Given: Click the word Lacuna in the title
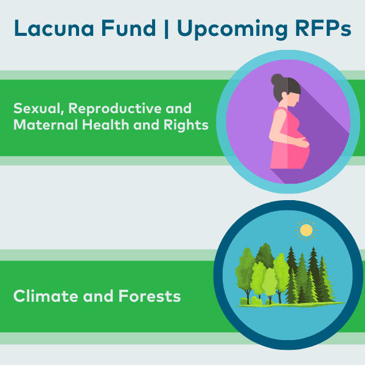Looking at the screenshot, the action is (x=54, y=28).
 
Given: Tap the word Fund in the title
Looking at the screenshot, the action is (x=129, y=28).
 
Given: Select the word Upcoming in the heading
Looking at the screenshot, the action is (x=232, y=29).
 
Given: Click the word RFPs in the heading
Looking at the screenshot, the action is (x=323, y=28).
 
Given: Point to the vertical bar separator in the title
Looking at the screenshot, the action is (x=166, y=29).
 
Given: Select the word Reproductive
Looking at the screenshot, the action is (x=115, y=109).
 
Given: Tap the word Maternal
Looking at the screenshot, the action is (x=46, y=125).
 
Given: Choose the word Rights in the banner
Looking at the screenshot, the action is (x=186, y=125).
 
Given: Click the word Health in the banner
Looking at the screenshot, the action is (x=105, y=125).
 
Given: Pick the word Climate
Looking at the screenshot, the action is (x=46, y=296).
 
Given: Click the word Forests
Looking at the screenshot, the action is (x=150, y=296).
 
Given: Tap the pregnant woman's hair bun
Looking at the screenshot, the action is (x=277, y=80).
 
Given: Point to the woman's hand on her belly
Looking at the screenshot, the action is (x=302, y=142).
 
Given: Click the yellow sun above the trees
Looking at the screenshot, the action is (x=306, y=230).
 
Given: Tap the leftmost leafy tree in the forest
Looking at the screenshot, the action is (x=245, y=275).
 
